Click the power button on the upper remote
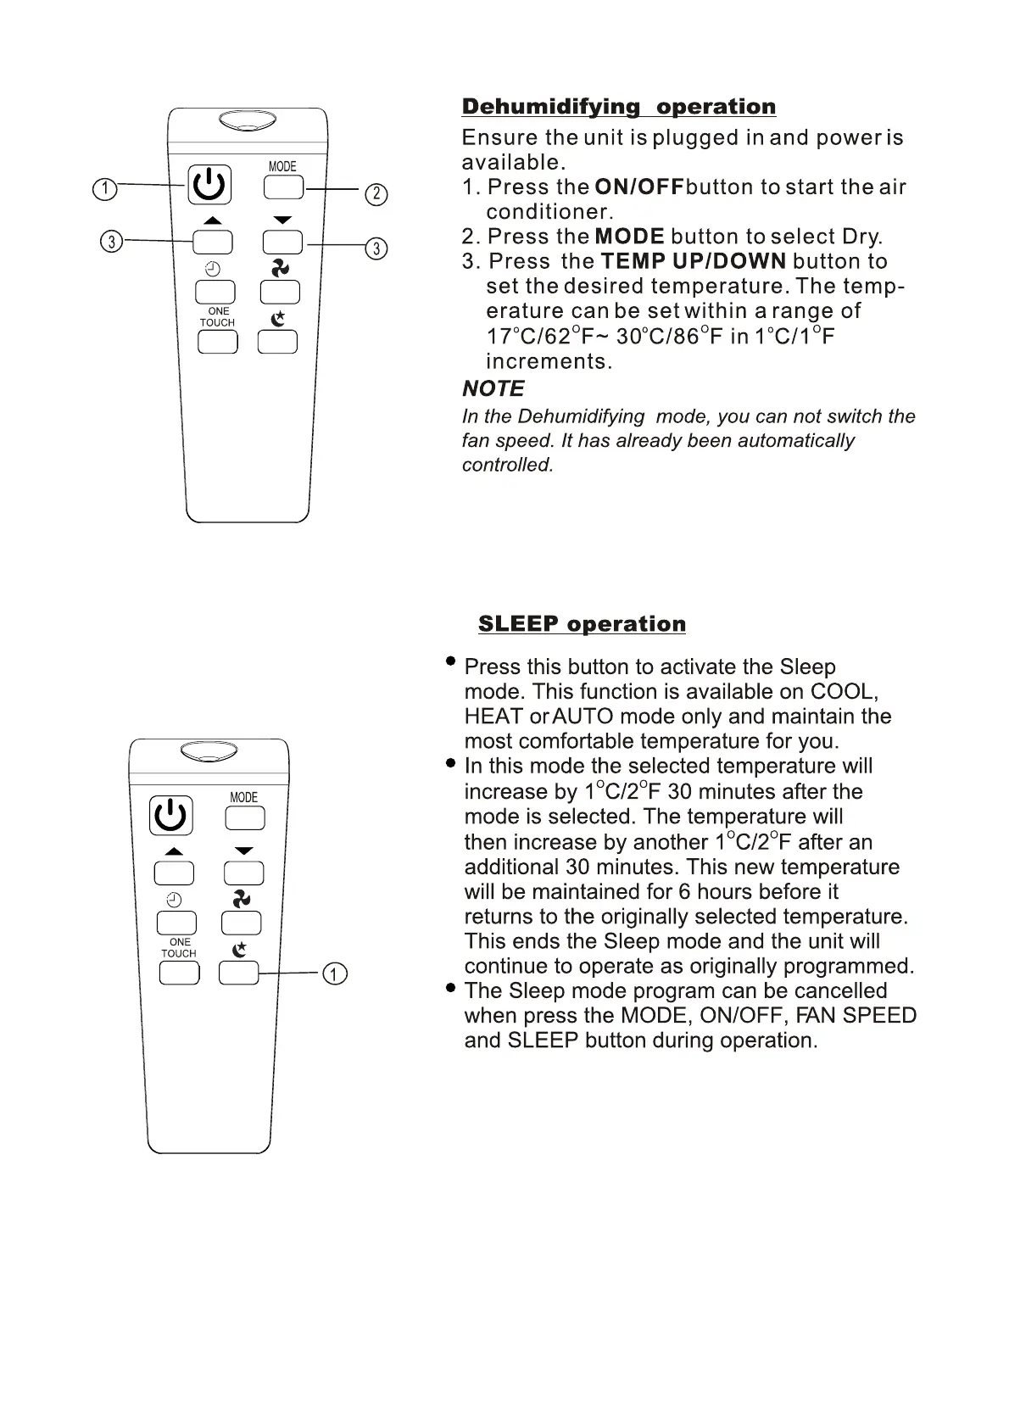point(209,185)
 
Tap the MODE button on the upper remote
point(283,186)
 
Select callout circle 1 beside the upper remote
point(104,188)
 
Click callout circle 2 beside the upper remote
point(376,194)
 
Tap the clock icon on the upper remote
point(212,270)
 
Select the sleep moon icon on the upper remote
point(277,319)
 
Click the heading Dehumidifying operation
point(618,107)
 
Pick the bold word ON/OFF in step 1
point(639,187)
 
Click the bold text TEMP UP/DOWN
point(693,261)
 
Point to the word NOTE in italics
point(493,388)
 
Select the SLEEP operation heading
point(582,624)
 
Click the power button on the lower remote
point(170,816)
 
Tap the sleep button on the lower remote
point(239,973)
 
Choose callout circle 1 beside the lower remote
point(335,973)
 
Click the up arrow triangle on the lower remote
point(174,851)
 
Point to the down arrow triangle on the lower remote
point(244,851)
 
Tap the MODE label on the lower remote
point(243,797)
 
